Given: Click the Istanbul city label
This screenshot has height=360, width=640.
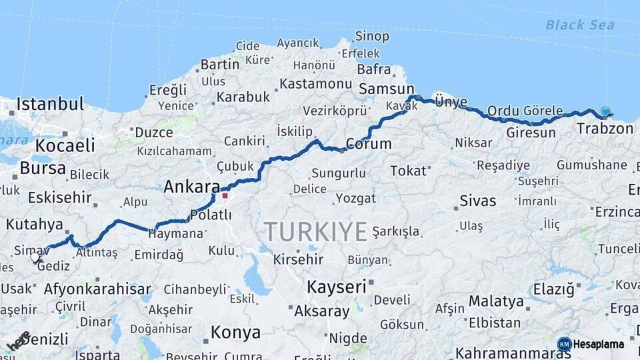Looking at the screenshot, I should click(50, 104).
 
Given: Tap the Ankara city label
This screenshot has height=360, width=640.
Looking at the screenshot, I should click(192, 187).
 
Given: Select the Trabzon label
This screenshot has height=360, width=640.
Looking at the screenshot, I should click(605, 128).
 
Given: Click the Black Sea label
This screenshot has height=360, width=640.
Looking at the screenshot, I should click(575, 25).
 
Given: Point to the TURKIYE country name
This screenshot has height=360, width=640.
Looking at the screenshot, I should click(316, 232).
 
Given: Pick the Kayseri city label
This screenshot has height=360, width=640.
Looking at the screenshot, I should click(337, 287).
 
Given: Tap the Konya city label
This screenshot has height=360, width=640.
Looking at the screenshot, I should click(235, 332).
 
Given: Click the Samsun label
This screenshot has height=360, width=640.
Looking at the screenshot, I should click(386, 89).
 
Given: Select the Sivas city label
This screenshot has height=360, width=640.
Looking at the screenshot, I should click(478, 200).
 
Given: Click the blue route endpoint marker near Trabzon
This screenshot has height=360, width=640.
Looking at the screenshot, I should click(605, 111).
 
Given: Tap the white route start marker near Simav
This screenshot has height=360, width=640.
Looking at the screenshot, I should click(35, 257).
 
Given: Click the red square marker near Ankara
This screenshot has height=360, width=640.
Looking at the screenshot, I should click(225, 195).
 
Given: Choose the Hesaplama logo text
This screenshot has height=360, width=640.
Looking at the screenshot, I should click(598, 344).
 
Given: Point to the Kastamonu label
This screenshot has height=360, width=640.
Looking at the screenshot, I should click(315, 84).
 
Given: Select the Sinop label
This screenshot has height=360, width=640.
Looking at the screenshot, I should click(372, 36).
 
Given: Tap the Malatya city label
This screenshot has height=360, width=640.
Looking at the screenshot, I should click(496, 301).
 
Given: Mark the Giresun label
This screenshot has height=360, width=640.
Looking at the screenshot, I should click(531, 133).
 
